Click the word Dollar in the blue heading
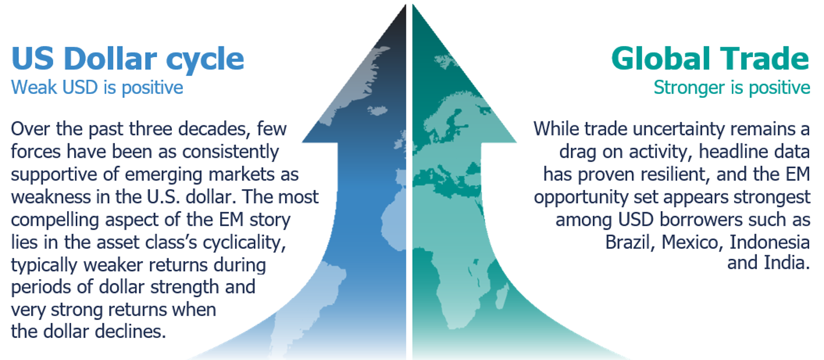pyautogui.click(x=110, y=58)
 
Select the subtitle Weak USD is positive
pyautogui.click(x=97, y=88)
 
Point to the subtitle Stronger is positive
pyautogui.click(x=732, y=88)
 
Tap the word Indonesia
pyautogui.click(x=770, y=242)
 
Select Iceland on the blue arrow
pyautogui.click(x=377, y=110)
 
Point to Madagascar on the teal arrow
pyautogui.click(x=502, y=296)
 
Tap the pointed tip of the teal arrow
pyautogui.click(x=413, y=4)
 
